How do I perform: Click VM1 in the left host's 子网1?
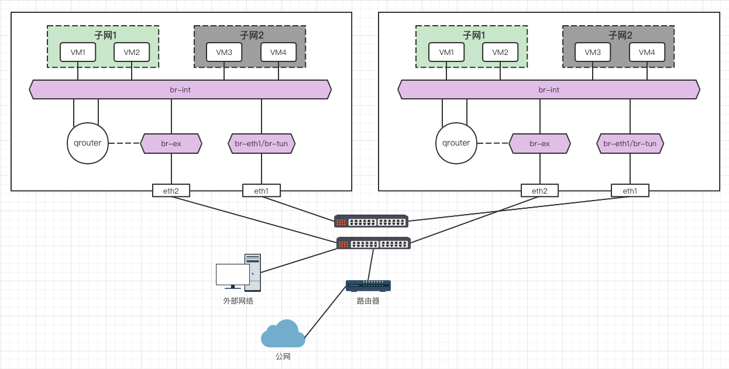(78, 53)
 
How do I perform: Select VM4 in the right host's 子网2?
(647, 53)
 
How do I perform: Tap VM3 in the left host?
(224, 53)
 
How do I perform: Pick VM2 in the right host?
(500, 53)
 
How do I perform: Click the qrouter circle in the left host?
(88, 143)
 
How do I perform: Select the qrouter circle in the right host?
(456, 143)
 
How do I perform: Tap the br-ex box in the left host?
(171, 143)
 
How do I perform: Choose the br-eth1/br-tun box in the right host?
(630, 143)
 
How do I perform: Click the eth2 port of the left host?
(171, 191)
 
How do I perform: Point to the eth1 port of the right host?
(630, 191)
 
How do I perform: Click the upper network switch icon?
(371, 221)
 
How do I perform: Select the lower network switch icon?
(373, 243)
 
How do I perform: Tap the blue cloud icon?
(283, 334)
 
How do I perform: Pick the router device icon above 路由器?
(368, 286)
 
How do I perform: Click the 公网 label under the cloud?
(283, 356)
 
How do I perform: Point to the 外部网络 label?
(238, 301)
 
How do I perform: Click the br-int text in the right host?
(549, 90)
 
